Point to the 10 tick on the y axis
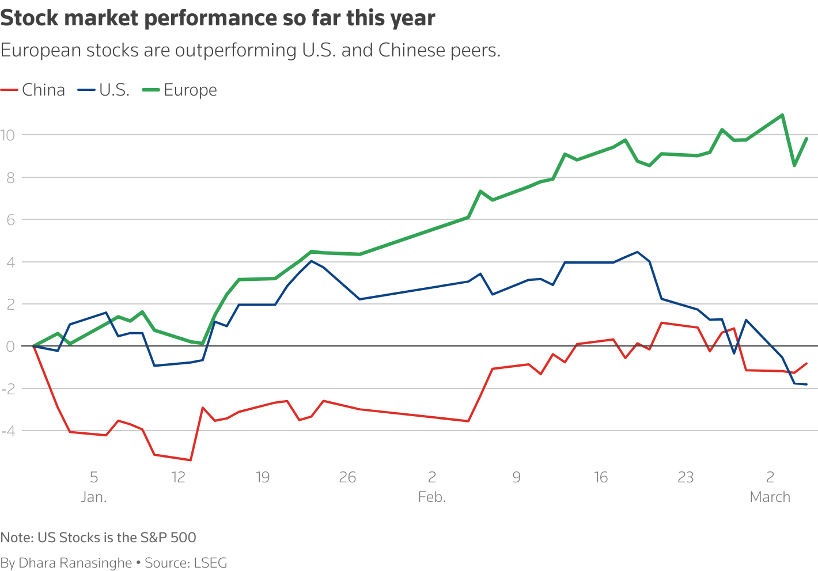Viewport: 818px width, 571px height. coord(7,135)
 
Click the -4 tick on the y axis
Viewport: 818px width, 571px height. coord(7,431)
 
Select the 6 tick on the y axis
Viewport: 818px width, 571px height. coord(10,220)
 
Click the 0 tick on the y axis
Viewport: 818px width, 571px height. coord(10,347)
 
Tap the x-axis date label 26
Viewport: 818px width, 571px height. coord(347,477)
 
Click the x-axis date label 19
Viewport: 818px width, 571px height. coord(263,477)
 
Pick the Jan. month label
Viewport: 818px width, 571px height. coord(94,497)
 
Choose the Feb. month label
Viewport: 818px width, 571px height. coord(432,497)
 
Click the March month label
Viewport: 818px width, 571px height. coord(770,497)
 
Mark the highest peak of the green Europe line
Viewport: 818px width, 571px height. coord(782,115)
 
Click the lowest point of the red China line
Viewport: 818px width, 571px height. coord(191,460)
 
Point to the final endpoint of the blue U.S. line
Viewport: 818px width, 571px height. coord(806,384)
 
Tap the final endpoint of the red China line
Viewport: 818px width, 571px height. coord(806,363)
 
